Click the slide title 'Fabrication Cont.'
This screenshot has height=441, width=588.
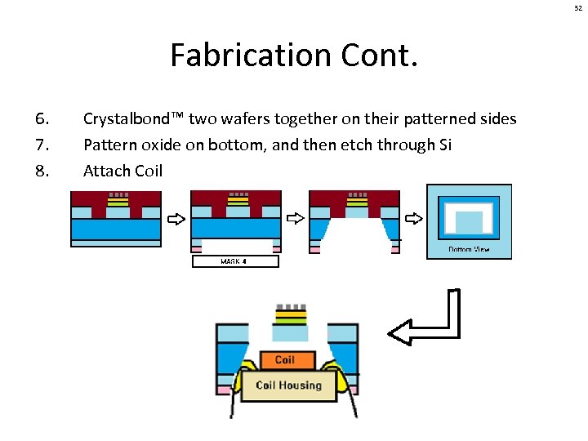click(x=294, y=56)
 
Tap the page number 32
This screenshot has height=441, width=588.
click(x=577, y=7)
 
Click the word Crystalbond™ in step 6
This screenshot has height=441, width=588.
click(x=134, y=119)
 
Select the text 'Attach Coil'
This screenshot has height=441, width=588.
click(x=122, y=171)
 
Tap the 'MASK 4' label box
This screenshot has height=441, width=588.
click(x=235, y=262)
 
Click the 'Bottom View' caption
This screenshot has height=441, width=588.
click(x=469, y=249)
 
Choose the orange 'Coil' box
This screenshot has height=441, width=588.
click(x=284, y=360)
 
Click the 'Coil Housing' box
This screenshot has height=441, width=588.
click(x=288, y=385)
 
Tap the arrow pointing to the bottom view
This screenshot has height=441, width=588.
click(x=414, y=219)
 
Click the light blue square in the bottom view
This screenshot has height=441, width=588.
click(x=469, y=221)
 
